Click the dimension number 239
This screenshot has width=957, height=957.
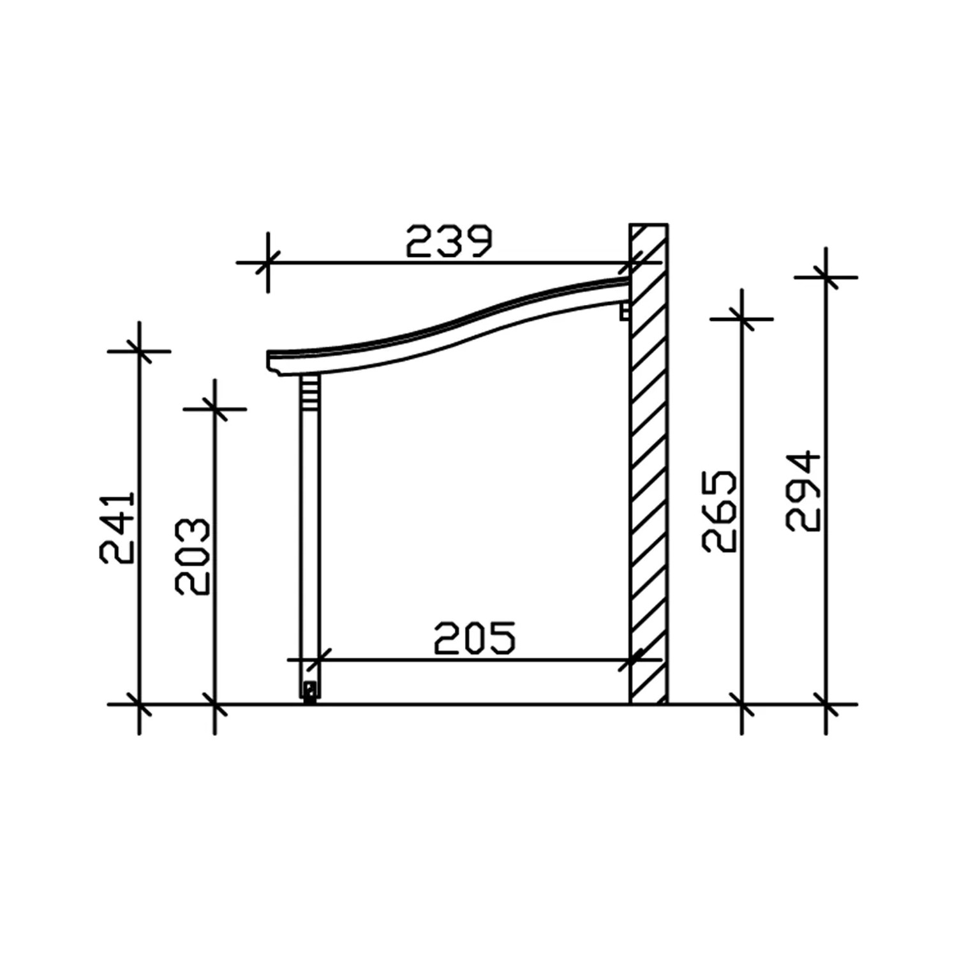[449, 241]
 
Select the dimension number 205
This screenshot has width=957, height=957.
[475, 639]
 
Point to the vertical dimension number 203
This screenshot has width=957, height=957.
[193, 557]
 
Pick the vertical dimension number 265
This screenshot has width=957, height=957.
[720, 512]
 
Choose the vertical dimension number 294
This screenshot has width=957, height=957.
[803, 491]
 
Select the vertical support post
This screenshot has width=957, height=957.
[309, 542]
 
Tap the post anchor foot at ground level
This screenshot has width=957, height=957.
[310, 693]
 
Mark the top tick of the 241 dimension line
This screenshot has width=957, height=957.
[139, 351]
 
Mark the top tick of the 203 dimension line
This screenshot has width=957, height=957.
[215, 409]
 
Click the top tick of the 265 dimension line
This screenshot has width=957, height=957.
[742, 319]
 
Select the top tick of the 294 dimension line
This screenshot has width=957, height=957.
[826, 278]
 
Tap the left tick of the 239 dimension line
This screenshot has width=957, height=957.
[268, 262]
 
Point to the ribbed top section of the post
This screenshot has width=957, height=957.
[309, 387]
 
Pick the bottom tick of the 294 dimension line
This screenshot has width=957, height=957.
[826, 705]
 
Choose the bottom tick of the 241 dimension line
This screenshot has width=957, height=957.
[139, 705]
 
